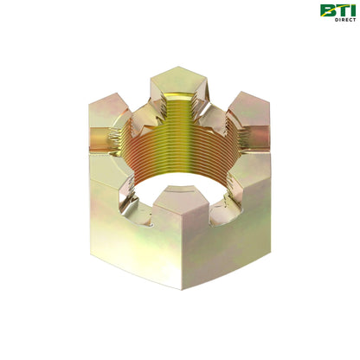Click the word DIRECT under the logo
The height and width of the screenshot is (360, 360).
click(x=344, y=19)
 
